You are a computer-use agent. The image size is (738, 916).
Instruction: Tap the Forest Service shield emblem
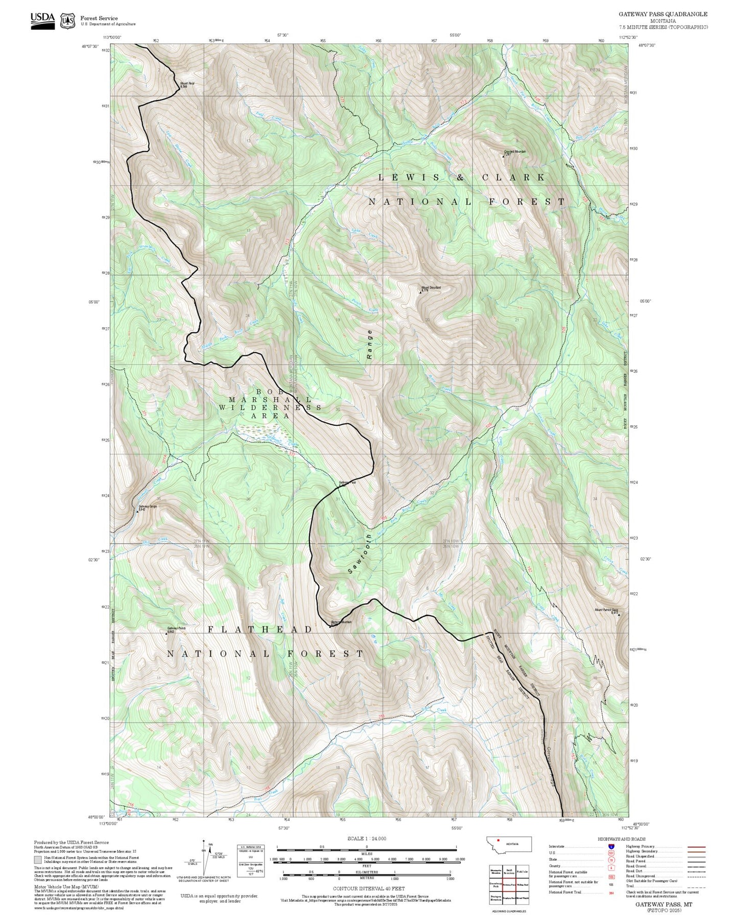coord(67,21)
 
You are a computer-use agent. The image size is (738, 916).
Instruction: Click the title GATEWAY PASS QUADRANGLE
coord(663,14)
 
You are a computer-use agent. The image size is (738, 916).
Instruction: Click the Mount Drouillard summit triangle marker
coord(420,293)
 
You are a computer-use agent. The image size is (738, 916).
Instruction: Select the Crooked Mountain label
coord(515,152)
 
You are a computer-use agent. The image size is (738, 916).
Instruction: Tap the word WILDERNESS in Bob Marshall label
coord(270,407)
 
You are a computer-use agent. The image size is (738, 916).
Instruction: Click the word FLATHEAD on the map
coord(260,630)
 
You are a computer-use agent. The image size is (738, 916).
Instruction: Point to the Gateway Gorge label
coord(147,507)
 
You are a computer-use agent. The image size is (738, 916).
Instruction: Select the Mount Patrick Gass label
coord(606,610)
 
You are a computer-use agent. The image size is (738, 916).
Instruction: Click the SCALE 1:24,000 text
coord(366,838)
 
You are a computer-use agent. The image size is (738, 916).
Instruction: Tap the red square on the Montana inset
coord(498,841)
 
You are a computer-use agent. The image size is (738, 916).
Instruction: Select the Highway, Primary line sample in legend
coord(696,847)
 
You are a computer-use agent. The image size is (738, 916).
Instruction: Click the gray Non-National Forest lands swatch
coord(38,859)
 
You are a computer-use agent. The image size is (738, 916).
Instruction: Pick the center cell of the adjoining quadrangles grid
coord(508,884)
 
